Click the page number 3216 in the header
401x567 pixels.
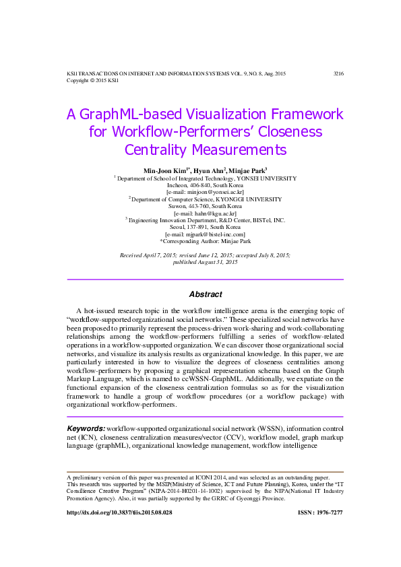(338, 73)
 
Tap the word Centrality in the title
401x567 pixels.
(156, 149)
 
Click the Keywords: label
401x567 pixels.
(86, 429)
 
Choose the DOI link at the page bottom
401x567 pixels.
(119, 512)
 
